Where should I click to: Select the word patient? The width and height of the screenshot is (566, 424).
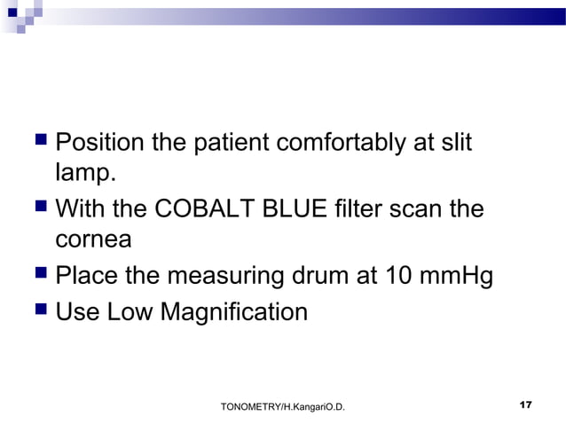(x=241, y=143)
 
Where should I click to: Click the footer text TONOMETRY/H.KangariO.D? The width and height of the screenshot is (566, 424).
(x=282, y=406)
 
